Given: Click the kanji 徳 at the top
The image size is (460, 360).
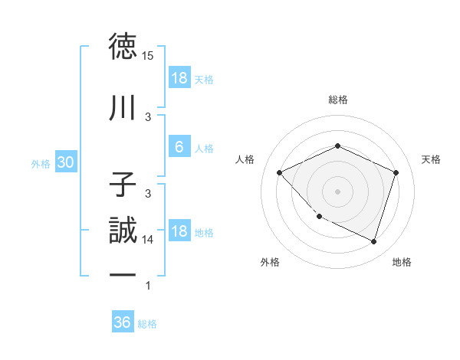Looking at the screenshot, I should pos(123,47).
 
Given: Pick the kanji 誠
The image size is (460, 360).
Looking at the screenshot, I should pos(123,231).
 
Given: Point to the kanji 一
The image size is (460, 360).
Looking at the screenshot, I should pos(123,273).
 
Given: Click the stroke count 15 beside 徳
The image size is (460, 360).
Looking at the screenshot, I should pos(148,56).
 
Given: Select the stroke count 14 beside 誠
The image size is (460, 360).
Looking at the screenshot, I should pos(148,240).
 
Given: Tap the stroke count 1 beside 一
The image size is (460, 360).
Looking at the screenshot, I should pos(148,286).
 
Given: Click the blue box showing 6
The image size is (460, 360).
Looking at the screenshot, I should pos(179,148).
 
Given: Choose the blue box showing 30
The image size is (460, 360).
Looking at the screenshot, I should pos(65,163).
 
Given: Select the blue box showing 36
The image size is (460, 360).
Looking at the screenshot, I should pos(123,323).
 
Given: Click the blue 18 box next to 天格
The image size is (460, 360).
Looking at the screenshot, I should pos(179,79).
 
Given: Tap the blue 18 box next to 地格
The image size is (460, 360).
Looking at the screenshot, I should pos(179,232).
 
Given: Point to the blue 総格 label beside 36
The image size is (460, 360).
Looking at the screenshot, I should pos(148,324).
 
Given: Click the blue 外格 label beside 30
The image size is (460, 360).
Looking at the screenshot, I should pos(41,164).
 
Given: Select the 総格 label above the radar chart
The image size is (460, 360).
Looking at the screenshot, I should pos(337,100).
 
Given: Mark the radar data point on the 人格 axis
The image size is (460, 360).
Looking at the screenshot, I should pos(280,172).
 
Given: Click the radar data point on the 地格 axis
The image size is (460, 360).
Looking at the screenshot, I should pos(373,241).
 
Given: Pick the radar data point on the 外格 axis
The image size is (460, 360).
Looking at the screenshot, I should pos(319,217).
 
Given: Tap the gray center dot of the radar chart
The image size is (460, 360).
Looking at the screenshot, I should pos(337,191).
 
